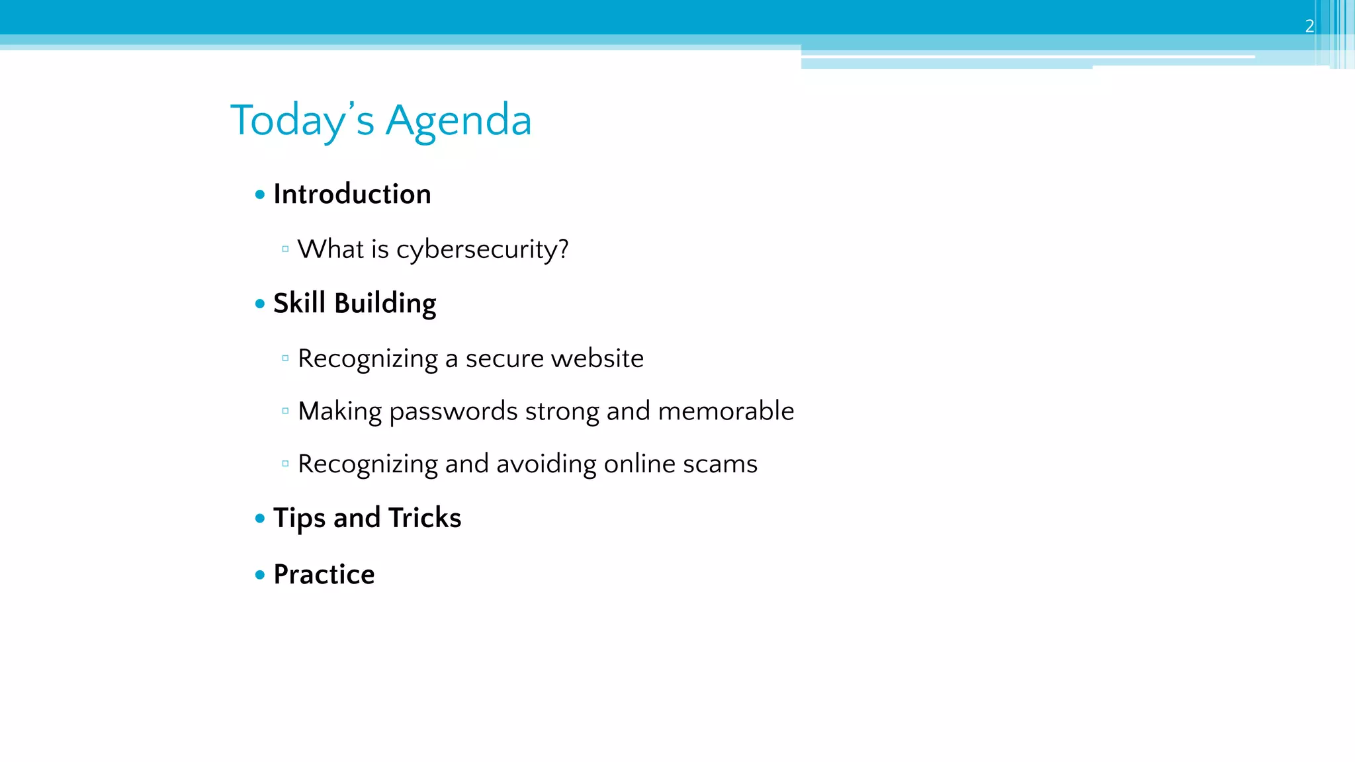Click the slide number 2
coord(1309,26)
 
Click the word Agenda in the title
coord(459,120)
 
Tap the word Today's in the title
coord(302,122)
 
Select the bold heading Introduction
coord(352,194)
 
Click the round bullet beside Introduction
coord(260,194)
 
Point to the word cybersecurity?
coord(482,250)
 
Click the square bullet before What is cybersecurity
coord(285,249)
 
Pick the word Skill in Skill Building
coord(299,303)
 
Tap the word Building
coord(385,304)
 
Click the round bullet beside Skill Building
coord(260,304)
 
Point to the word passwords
coord(453,412)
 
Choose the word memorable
coord(726,411)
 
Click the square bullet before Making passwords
coord(285,411)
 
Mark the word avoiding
coord(546,464)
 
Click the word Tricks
coord(425,518)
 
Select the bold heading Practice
coord(324,575)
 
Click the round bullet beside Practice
coord(260,575)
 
